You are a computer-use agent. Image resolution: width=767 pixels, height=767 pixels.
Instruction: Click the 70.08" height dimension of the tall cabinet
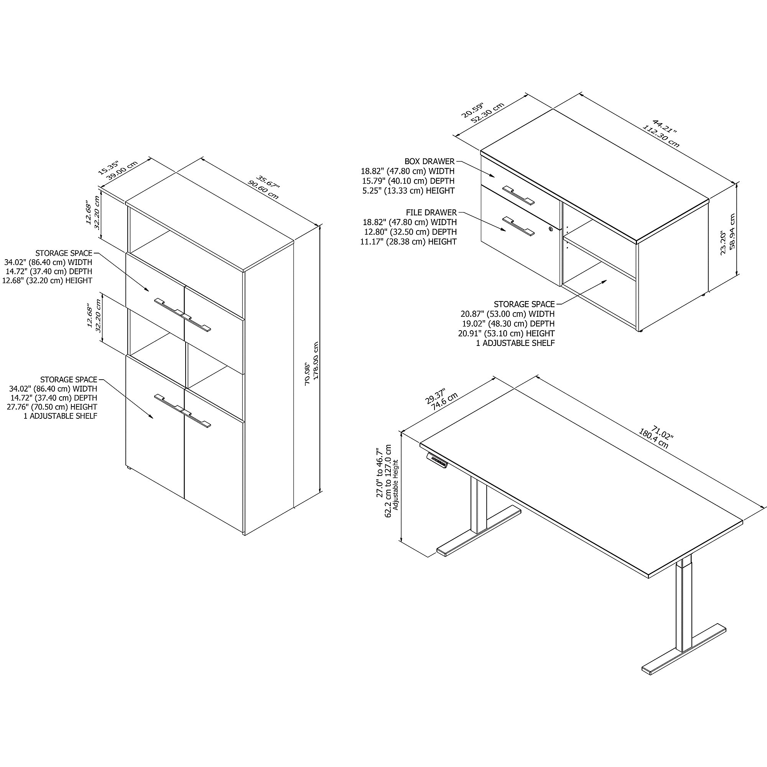(x=308, y=374)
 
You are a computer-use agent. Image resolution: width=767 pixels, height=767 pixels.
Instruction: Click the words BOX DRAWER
(x=430, y=161)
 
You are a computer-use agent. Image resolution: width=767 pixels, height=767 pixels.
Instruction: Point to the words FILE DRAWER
(x=431, y=212)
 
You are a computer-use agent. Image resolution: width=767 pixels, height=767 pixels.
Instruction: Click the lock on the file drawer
(x=551, y=229)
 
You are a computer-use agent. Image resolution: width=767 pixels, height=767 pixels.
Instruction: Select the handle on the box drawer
(x=518, y=195)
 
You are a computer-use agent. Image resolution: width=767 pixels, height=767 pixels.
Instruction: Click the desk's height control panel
(x=437, y=459)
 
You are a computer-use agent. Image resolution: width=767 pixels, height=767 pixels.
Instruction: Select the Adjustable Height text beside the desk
(x=395, y=485)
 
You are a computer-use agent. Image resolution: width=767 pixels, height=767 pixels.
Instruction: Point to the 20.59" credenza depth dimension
(x=472, y=110)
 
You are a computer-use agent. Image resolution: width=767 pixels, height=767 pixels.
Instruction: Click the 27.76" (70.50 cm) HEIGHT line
(x=52, y=407)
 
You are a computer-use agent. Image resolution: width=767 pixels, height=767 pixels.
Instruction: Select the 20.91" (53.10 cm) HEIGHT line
(x=507, y=334)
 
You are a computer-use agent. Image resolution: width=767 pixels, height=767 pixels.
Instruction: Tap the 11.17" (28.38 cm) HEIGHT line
(x=408, y=241)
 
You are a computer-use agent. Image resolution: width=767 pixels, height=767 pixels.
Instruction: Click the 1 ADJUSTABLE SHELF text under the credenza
(x=515, y=343)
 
